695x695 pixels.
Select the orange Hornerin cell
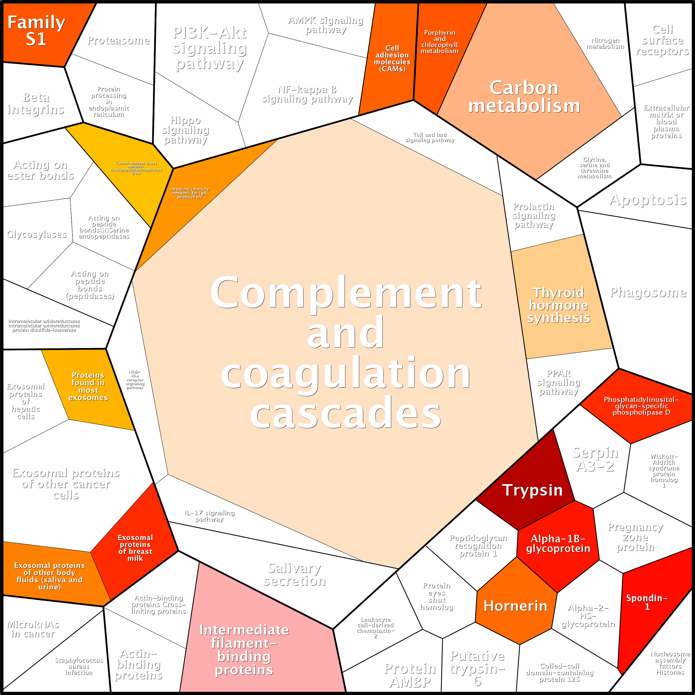click(x=515, y=606)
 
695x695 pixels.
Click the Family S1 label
click(x=36, y=31)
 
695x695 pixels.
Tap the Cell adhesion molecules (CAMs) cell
click(x=392, y=58)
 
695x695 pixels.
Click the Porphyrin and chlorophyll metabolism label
click(x=439, y=42)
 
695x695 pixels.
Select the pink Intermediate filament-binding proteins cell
click(x=244, y=650)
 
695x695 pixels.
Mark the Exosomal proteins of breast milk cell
click(x=135, y=548)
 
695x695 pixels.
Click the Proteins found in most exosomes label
click(x=88, y=386)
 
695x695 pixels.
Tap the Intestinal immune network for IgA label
click(x=189, y=193)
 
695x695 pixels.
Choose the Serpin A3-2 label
click(x=595, y=459)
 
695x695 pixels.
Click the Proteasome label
click(x=118, y=40)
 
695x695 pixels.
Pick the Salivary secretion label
click(x=294, y=574)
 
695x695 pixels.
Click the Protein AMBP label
click(x=410, y=675)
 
